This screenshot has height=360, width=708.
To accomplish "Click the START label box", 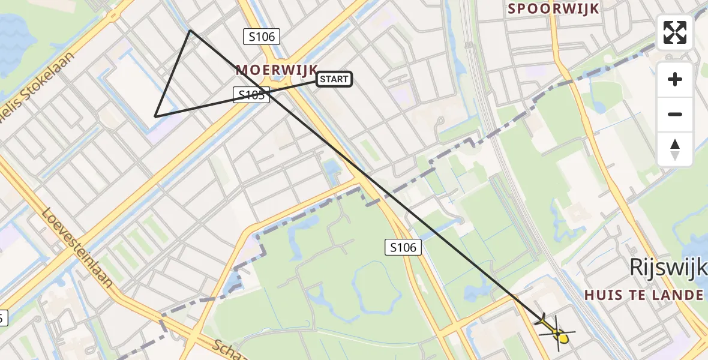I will [x=334, y=79].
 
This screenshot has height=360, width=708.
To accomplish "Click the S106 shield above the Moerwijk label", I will [x=262, y=37].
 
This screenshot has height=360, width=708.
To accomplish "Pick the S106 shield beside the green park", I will [x=403, y=246].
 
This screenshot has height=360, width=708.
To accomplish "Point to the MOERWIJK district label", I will [x=276, y=70].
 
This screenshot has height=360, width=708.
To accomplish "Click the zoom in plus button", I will [x=675, y=79].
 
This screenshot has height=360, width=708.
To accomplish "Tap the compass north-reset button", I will [x=675, y=149].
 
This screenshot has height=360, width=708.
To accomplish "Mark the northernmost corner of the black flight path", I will [x=190, y=31].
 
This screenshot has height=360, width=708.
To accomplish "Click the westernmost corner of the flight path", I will [x=155, y=116].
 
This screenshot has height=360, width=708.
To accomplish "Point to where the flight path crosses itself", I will [x=269, y=93].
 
